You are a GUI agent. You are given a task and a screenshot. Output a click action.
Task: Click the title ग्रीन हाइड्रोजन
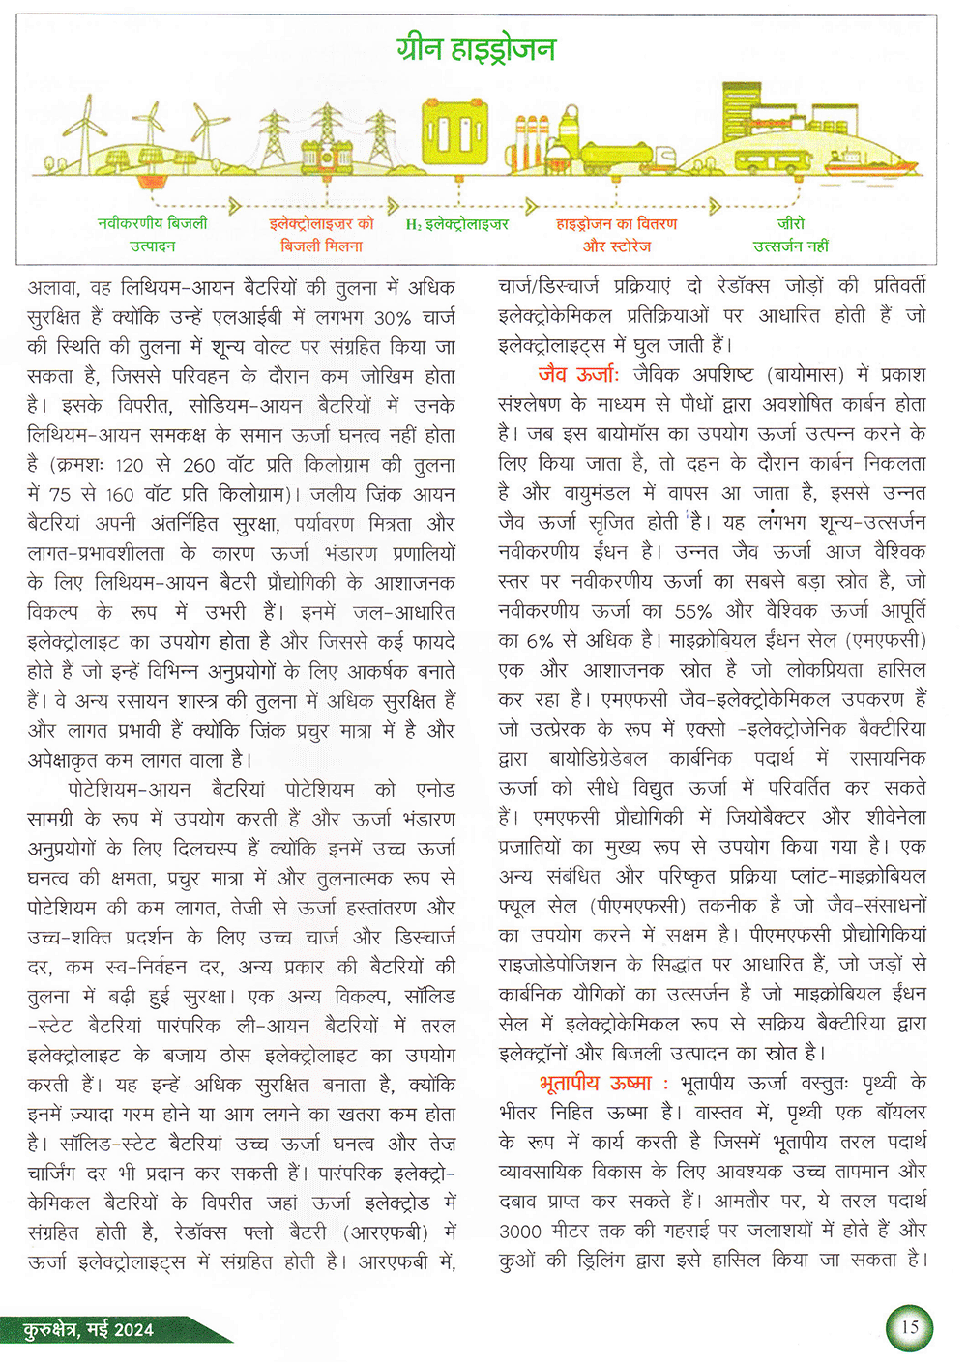(x=476, y=48)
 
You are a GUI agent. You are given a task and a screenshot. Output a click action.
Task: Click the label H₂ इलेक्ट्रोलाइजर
(x=456, y=224)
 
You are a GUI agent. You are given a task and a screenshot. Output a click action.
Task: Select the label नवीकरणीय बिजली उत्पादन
(x=153, y=235)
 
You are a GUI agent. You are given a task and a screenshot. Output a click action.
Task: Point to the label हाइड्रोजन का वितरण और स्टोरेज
(x=617, y=235)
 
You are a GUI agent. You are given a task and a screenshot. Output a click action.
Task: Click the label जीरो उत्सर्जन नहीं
(x=790, y=235)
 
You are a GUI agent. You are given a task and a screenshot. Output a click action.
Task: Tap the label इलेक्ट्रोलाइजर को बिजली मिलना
(x=321, y=235)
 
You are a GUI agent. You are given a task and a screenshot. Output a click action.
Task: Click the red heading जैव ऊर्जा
(x=578, y=374)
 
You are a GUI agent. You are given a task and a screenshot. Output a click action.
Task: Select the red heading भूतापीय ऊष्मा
(x=595, y=1083)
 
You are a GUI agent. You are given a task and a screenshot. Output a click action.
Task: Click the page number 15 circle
(x=909, y=1327)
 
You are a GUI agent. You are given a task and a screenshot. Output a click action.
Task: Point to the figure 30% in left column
(x=393, y=318)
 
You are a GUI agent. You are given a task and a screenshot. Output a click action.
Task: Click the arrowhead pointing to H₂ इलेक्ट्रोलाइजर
(x=394, y=206)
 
